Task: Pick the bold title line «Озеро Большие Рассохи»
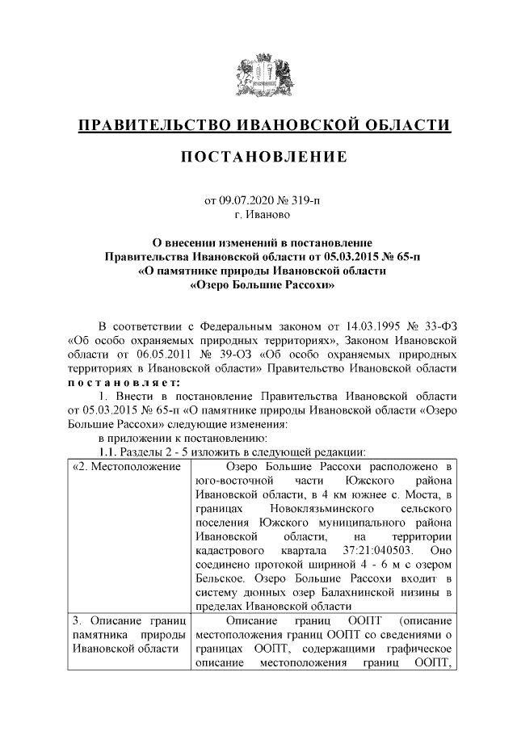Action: coord(263,285)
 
